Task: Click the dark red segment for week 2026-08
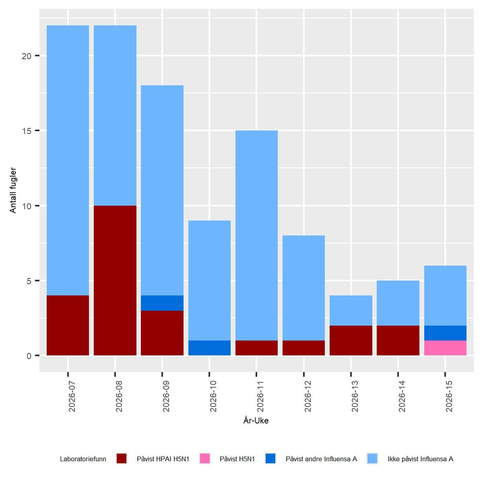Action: (x=115, y=281)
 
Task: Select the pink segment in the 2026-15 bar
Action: (x=445, y=348)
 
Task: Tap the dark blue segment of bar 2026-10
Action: (x=209, y=348)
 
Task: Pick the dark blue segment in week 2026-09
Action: (x=162, y=303)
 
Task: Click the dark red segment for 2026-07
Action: (x=68, y=326)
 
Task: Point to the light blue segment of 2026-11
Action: (x=256, y=235)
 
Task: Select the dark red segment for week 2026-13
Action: (x=351, y=341)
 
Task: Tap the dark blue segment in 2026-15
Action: (x=445, y=333)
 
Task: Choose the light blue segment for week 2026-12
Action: (x=303, y=288)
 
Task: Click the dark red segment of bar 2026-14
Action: (x=398, y=341)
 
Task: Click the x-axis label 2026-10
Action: (x=213, y=396)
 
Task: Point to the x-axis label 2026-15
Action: (x=449, y=396)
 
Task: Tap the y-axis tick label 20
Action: (x=27, y=56)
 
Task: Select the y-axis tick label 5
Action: (x=29, y=281)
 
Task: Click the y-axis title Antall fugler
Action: (x=13, y=190)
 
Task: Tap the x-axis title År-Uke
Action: (x=256, y=421)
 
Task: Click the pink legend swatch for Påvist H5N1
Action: (x=205, y=458)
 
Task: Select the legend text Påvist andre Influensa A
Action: (x=321, y=459)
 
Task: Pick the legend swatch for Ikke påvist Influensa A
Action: (x=372, y=458)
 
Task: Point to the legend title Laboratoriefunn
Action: (x=83, y=459)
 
